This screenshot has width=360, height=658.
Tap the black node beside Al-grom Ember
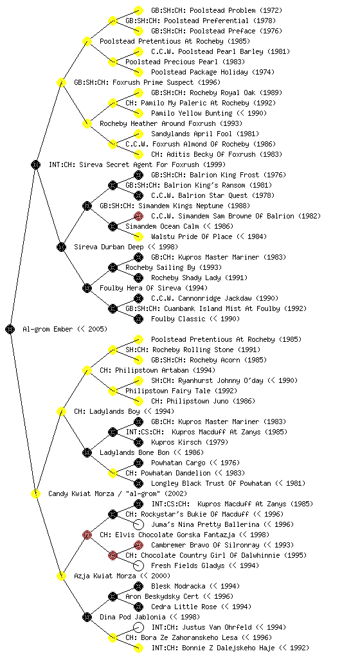(10, 329)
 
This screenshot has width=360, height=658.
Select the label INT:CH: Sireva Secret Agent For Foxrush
(137, 164)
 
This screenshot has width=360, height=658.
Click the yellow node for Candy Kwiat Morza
(35, 493)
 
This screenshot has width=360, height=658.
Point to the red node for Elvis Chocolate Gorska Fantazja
(87, 535)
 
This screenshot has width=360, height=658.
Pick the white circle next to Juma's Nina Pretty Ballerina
(138, 524)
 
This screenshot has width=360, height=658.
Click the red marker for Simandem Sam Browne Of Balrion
(138, 216)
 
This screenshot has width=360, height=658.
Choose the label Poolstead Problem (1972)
(217, 10)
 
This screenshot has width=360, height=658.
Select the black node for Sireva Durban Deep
(61, 247)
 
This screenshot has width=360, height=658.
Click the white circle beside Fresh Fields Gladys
(138, 565)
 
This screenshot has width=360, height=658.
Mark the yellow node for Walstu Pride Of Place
(138, 236)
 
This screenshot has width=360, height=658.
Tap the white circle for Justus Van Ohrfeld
(138, 627)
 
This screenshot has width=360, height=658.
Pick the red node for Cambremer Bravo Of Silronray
(138, 545)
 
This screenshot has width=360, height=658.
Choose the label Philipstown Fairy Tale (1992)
(181, 391)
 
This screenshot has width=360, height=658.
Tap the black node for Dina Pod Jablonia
(87, 617)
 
